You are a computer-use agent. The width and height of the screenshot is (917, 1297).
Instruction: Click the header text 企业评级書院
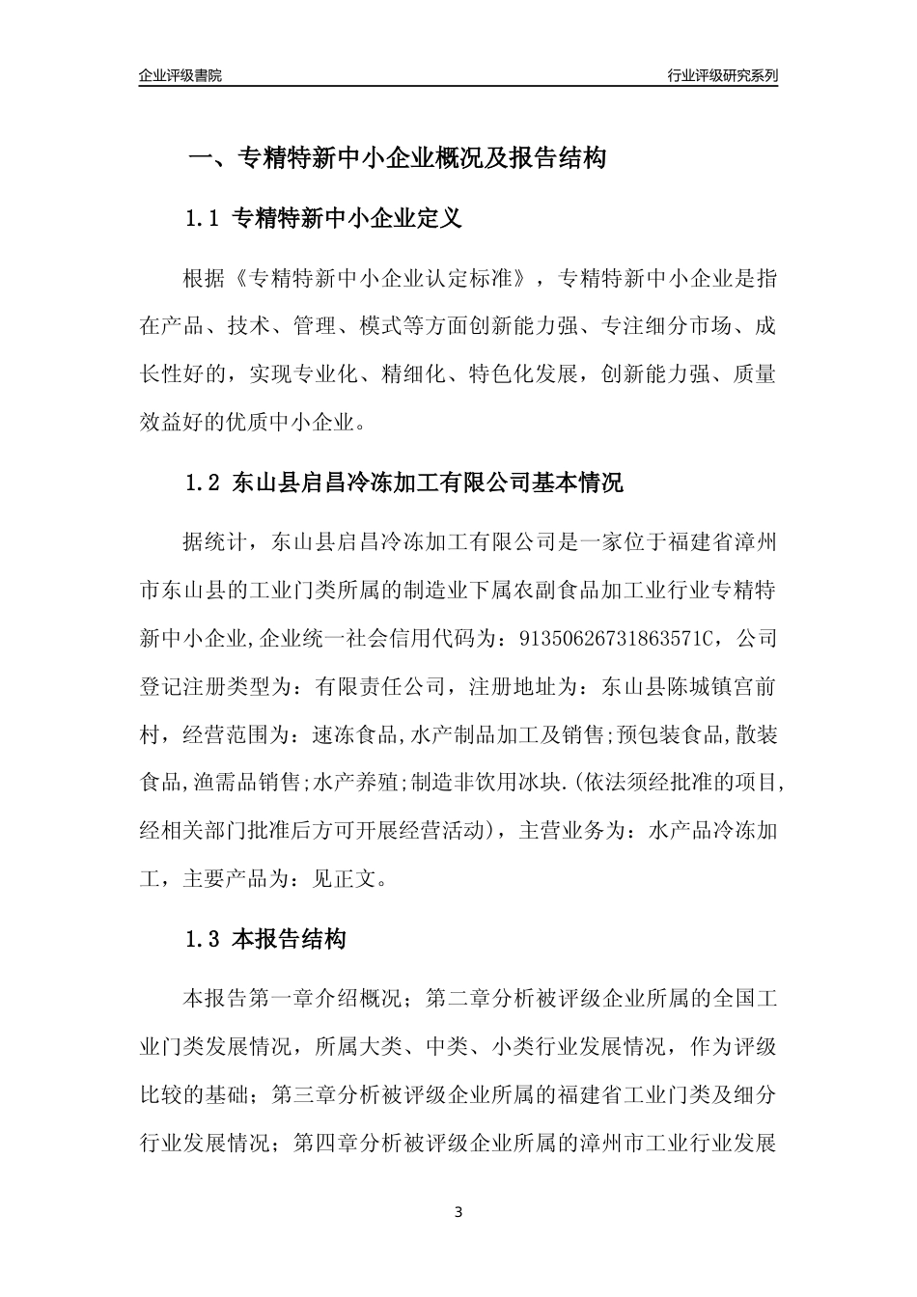point(181,75)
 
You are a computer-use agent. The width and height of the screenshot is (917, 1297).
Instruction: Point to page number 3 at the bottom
point(458,1211)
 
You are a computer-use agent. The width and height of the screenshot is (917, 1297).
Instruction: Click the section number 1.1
point(204,219)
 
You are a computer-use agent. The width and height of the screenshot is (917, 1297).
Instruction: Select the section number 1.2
point(204,483)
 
